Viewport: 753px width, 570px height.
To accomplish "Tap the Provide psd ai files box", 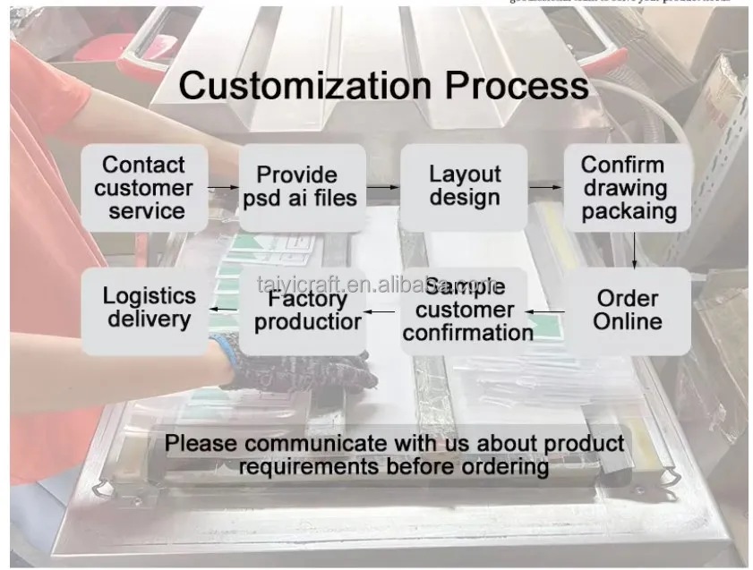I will click(x=302, y=186).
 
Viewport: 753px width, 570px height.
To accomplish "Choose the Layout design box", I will click(x=463, y=186).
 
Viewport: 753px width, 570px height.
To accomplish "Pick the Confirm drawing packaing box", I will click(x=627, y=188).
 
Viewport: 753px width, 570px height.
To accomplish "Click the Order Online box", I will click(x=628, y=310).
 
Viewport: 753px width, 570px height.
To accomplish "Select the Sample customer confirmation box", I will click(x=466, y=311).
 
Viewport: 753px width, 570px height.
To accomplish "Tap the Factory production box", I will click(x=307, y=311).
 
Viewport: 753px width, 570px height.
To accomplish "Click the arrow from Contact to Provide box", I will click(x=223, y=188).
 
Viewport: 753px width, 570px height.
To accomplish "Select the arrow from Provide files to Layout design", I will click(x=382, y=187).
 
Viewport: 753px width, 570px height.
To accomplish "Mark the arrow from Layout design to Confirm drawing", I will click(x=544, y=188).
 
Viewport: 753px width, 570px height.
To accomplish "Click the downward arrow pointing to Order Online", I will click(x=635, y=250).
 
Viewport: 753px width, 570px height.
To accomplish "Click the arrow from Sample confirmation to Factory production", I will click(x=383, y=312).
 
